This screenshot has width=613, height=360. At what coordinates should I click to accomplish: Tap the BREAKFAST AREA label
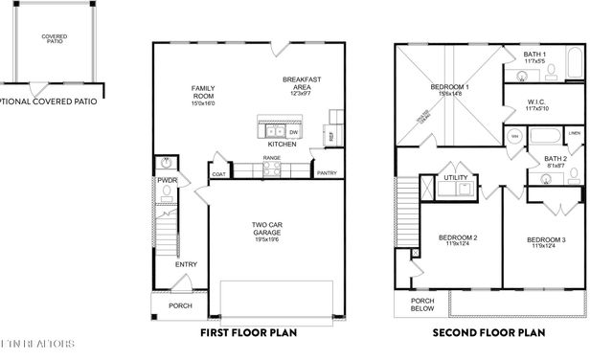pos(300,85)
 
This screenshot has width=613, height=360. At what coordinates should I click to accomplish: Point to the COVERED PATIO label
pos(53,39)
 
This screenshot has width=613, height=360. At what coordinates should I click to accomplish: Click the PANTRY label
pos(327,173)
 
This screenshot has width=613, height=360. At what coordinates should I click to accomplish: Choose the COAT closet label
pos(218,174)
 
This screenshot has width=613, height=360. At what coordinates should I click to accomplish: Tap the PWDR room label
pos(168,179)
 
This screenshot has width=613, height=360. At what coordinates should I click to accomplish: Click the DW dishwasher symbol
pos(294,133)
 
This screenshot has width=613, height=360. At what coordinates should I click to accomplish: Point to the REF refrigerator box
pos(331,136)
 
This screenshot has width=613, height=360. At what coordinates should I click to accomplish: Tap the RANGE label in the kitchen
pos(272,158)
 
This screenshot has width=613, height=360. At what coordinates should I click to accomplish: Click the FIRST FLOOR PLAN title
pos(248,333)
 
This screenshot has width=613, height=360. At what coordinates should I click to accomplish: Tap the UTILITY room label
pos(454,176)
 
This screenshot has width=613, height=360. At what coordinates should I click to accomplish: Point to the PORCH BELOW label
pos(422,304)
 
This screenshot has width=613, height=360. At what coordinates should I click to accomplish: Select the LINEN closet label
pos(574,133)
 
